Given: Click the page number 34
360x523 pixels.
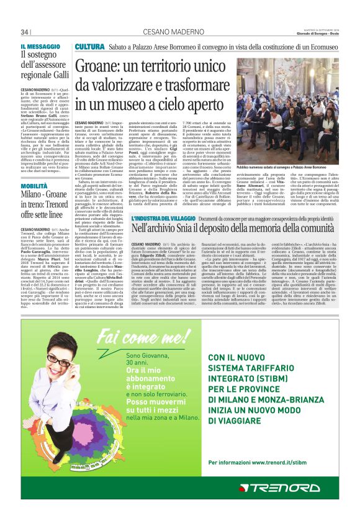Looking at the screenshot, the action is point(25,32).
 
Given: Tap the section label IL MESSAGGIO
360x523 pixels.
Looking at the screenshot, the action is point(40,47).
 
